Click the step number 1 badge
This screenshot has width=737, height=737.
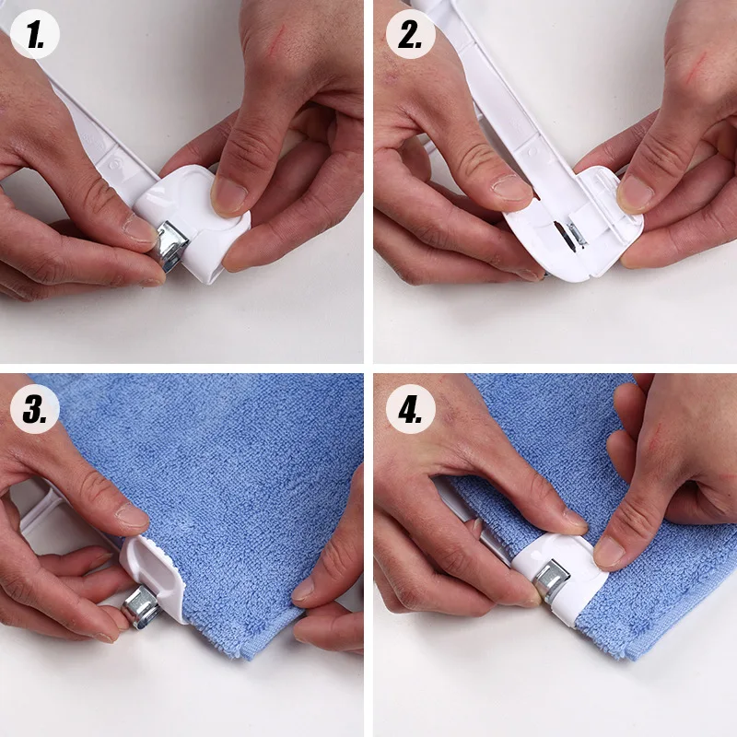pyautogui.click(x=35, y=34)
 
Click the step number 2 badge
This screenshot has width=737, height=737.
pyautogui.click(x=410, y=34)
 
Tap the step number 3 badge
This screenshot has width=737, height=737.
pyautogui.click(x=35, y=409)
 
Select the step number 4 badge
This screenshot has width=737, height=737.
pyautogui.click(x=410, y=409)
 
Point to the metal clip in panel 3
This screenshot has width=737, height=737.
pyautogui.click(x=142, y=608)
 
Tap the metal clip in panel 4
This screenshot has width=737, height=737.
pyautogui.click(x=551, y=581)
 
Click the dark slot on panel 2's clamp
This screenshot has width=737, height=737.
pyautogui.click(x=563, y=234)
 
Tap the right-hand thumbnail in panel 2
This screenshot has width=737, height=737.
pyautogui.click(x=635, y=194)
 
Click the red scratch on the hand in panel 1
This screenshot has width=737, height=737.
pyautogui.click(x=277, y=39)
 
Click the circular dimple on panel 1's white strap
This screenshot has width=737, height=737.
pyautogui.click(x=114, y=164)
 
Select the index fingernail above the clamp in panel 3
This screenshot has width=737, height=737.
pyautogui.click(x=133, y=516)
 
